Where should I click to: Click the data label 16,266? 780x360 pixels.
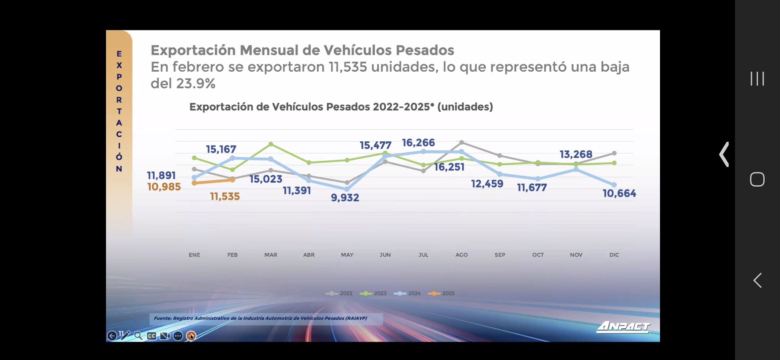(418, 143)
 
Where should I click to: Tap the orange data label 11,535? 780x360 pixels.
(225, 196)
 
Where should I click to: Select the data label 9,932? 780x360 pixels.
(345, 198)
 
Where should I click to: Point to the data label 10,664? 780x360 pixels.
(619, 193)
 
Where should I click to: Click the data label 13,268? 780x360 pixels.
(576, 154)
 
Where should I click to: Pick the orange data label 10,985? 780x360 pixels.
(164, 187)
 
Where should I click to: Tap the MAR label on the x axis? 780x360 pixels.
(271, 255)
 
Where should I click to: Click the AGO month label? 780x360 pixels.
(461, 255)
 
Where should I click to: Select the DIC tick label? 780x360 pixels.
(614, 255)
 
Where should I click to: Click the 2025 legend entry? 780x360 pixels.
(441, 293)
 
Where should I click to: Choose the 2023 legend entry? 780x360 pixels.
(373, 293)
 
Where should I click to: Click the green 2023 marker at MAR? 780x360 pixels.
(271, 144)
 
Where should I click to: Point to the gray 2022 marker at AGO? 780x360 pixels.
(462, 142)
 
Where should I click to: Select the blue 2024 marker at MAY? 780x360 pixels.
(347, 189)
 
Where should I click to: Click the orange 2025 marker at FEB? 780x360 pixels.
(232, 180)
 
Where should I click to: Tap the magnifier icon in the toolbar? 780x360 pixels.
(138, 336)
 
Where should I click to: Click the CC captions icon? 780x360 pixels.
(151, 336)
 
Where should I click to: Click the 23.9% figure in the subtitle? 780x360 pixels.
(196, 83)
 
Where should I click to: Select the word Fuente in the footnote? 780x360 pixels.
(162, 318)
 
